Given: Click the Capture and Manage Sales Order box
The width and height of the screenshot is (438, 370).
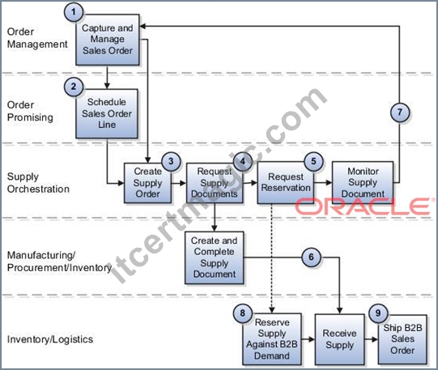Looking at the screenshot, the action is coord(108,40).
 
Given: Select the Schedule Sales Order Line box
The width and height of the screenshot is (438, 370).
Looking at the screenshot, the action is coord(107,113).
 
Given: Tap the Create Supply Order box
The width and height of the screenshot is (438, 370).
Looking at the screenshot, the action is coord(148,183).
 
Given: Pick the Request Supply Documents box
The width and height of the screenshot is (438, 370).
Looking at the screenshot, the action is coord(215,183).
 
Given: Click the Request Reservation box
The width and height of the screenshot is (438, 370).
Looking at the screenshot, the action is coord(286,183).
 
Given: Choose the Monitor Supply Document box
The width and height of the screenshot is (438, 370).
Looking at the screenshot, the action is coord(363,183).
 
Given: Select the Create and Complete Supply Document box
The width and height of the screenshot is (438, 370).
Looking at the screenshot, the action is coord(215,257).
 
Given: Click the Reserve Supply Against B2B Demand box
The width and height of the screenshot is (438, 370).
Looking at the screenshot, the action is coord(272,339).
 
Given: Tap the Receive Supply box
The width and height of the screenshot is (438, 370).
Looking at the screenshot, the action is coord(340,339).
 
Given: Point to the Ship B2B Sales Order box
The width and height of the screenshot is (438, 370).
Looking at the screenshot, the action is coord(402,339).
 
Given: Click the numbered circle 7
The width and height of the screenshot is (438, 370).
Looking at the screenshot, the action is coord(400,113).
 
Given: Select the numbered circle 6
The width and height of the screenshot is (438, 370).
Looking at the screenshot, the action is coord(311,257).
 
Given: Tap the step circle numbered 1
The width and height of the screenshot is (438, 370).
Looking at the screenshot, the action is coord(74,12).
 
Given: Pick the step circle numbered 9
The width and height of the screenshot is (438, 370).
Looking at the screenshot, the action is coord(378,313).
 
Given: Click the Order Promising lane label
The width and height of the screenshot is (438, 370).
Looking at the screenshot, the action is coord(30,111).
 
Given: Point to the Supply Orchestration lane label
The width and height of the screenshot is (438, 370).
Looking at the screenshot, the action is coord(38,183).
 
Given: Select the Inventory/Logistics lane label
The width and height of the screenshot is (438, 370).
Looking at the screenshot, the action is coord(50,339).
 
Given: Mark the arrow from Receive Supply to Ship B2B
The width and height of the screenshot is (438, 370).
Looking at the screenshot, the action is coord(372,339).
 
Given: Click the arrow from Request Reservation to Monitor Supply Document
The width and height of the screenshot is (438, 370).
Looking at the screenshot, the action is coord(323,183).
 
